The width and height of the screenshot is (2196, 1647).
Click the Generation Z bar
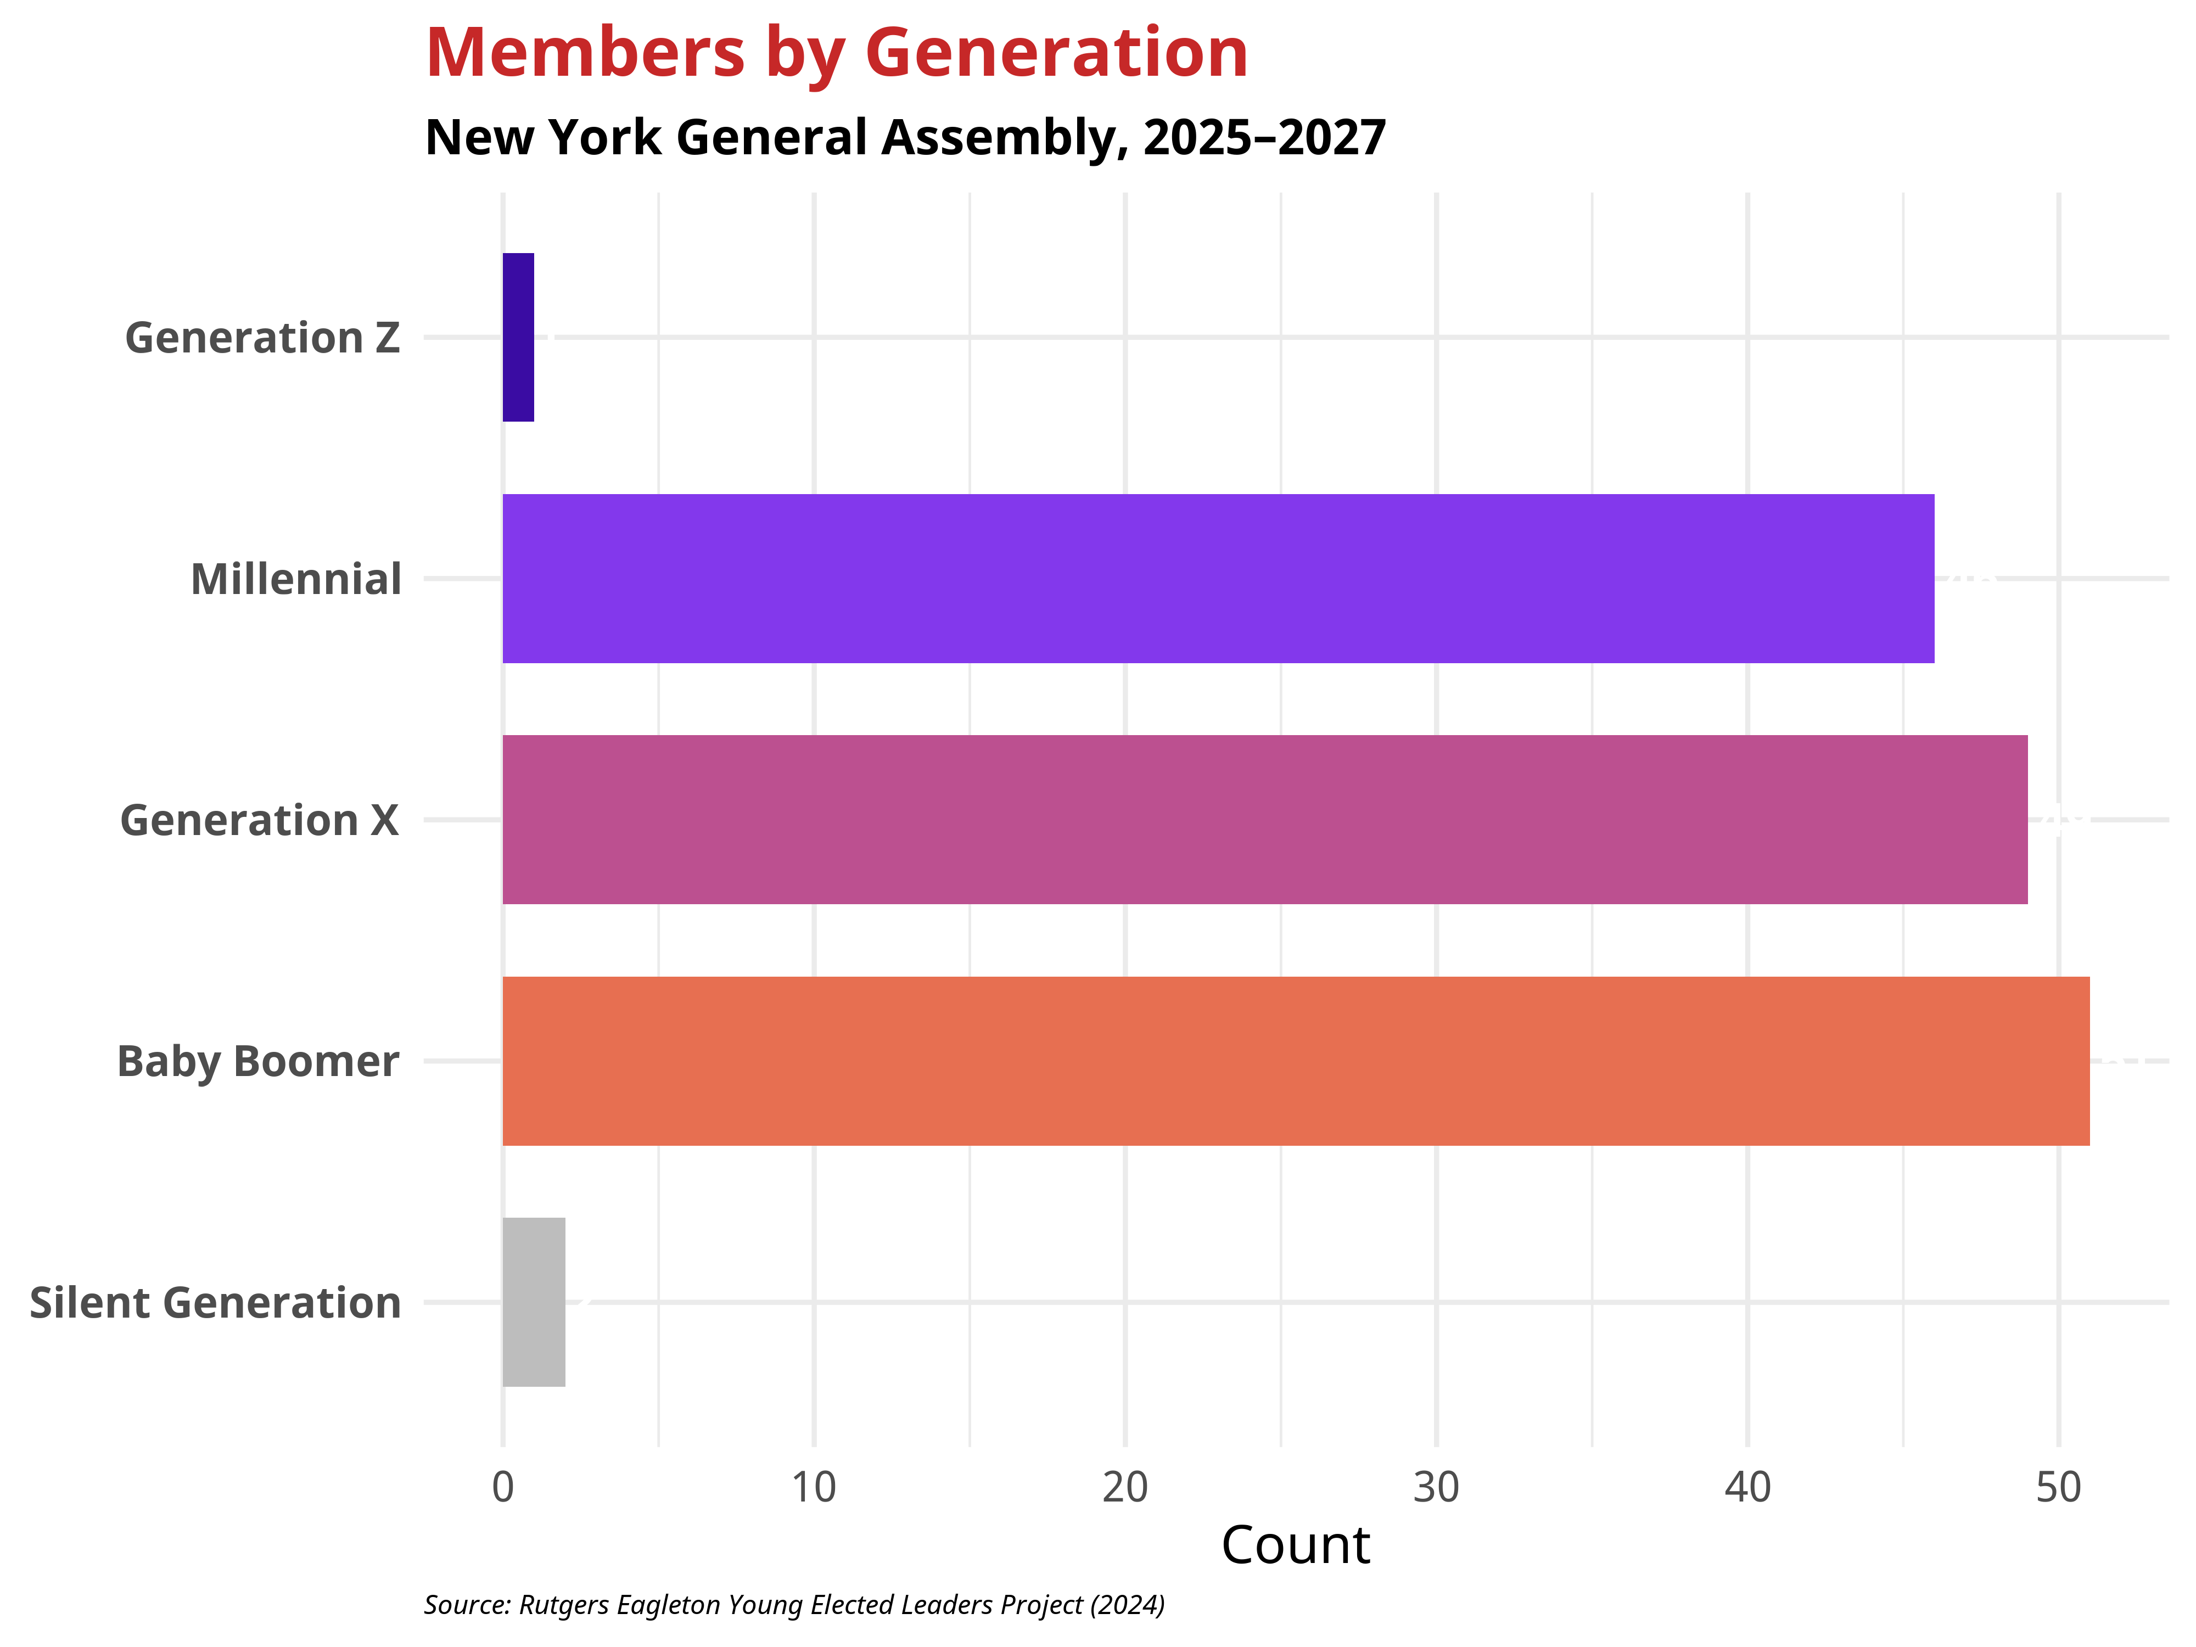point(518,338)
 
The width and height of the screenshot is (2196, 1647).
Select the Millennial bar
point(1218,579)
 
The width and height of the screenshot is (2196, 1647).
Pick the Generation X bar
point(1265,820)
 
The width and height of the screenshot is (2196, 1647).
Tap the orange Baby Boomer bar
point(1296,1061)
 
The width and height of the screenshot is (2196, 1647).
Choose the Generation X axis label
point(259,821)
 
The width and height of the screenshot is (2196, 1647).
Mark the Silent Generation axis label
point(215,1303)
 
